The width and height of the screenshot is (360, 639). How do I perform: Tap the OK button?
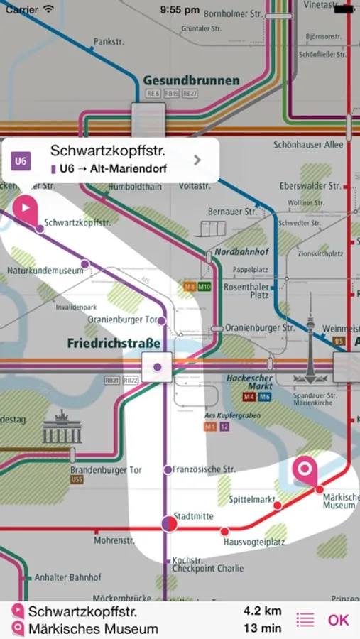click(338, 620)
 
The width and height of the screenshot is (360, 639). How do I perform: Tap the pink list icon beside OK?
click(305, 620)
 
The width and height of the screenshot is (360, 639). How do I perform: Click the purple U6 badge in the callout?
click(21, 160)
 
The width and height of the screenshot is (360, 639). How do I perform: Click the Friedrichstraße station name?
click(114, 343)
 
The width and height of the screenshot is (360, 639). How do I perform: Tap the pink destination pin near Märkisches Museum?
click(306, 471)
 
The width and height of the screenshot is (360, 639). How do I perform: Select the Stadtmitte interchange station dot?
click(169, 524)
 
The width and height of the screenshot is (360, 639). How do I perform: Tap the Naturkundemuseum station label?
click(40, 271)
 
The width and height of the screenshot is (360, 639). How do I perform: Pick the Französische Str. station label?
click(204, 469)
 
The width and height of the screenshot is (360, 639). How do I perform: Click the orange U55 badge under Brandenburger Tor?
click(77, 481)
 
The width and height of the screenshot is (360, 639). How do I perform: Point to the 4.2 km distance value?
click(263, 611)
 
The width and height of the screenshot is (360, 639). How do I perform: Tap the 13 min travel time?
click(263, 628)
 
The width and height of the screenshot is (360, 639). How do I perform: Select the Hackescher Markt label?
click(250, 383)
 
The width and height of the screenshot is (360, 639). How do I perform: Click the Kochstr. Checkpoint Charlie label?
click(208, 564)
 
